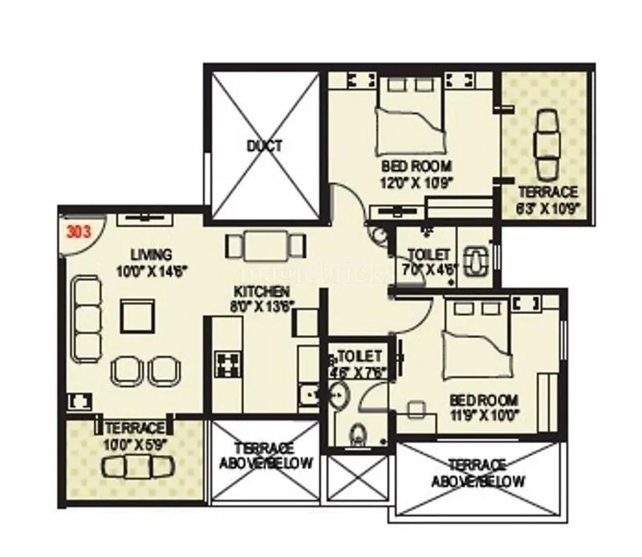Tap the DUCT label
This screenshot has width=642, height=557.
264,146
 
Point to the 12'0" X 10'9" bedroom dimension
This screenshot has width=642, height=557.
417,181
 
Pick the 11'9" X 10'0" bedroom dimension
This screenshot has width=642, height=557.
484,415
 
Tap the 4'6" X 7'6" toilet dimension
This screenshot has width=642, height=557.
357,372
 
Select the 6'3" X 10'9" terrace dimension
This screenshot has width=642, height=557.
549,208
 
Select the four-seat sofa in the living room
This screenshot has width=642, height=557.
84,318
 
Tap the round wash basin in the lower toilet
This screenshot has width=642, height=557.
340,396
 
